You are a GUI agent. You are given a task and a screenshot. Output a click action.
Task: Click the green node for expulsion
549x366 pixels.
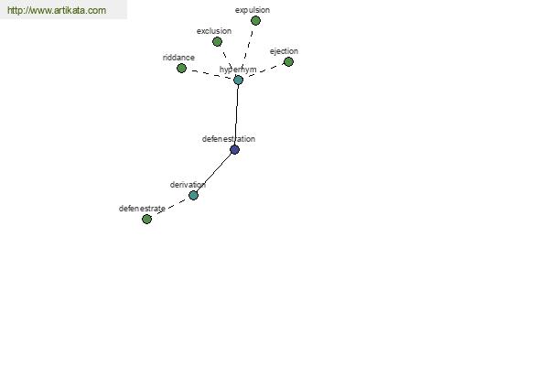tap(255, 21)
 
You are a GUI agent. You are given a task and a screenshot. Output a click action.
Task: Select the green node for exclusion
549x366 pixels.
tap(217, 42)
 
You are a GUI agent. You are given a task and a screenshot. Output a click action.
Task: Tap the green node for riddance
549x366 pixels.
tap(181, 68)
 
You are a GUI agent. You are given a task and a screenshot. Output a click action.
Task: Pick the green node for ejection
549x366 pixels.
tap(288, 62)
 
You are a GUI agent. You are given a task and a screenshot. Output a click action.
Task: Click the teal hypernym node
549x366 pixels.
tap(238, 80)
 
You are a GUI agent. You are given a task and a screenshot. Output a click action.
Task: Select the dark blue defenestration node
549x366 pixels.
tap(234, 149)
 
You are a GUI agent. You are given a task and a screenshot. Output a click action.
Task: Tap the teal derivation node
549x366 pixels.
tap(193, 195)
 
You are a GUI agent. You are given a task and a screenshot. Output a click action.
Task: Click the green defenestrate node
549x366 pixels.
tap(146, 219)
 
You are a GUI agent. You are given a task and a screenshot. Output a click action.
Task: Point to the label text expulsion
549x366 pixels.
tap(253, 10)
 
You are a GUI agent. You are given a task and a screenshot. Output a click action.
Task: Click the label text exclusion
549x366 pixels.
tap(214, 31)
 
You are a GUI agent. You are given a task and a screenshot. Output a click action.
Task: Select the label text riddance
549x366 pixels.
tap(178, 58)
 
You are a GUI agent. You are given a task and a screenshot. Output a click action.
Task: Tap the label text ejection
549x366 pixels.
tap(284, 51)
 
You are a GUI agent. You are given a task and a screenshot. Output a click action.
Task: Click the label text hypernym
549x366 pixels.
tap(238, 70)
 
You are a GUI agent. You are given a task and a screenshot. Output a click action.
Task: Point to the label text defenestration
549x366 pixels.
tap(229, 139)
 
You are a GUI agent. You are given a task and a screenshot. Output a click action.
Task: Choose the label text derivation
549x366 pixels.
tap(188, 185)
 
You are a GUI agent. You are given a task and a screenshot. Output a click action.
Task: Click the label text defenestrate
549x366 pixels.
tap(142, 209)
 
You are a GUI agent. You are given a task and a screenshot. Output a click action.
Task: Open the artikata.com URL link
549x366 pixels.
tap(57, 10)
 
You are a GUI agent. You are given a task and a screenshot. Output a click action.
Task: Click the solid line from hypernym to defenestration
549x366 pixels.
tap(236, 115)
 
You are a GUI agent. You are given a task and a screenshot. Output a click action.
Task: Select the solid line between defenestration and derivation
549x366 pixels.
tap(214, 172)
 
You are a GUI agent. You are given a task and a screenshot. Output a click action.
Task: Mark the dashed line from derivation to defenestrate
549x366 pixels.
tap(170, 207)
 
